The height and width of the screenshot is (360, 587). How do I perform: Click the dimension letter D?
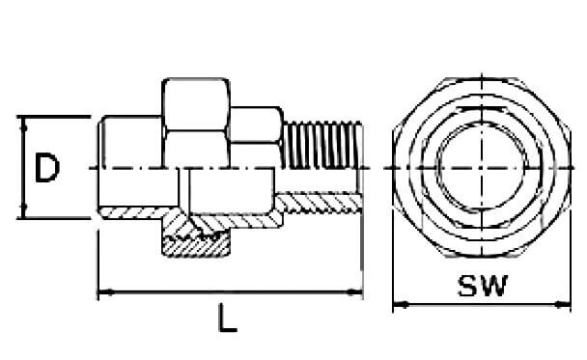(x=46, y=168)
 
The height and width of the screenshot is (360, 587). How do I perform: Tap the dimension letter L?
(x=227, y=318)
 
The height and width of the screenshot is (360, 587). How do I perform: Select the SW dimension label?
(x=483, y=286)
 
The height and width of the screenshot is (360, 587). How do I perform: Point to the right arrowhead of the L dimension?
(x=355, y=291)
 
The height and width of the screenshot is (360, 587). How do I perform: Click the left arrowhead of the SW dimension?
(x=401, y=305)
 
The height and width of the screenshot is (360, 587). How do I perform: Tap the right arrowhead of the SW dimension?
(x=563, y=305)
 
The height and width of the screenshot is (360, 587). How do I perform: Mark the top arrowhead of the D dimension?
(x=24, y=124)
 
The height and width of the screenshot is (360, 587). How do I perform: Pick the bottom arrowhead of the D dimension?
(x=24, y=210)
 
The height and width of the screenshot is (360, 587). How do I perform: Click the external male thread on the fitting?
(x=322, y=145)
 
